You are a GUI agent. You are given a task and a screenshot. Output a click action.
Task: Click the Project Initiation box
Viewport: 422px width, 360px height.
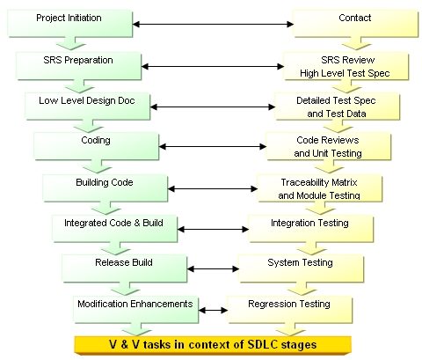pyautogui.click(x=70, y=24)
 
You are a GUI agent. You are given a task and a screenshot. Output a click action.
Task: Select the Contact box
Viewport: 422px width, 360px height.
pyautogui.click(x=356, y=24)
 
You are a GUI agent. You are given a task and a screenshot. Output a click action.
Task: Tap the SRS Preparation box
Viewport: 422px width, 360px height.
pyautogui.click(x=79, y=66)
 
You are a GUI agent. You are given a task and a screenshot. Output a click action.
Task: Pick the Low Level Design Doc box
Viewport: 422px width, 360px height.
pyautogui.click(x=88, y=107)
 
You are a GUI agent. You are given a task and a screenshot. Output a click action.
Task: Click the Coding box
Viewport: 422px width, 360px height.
pyautogui.click(x=97, y=146)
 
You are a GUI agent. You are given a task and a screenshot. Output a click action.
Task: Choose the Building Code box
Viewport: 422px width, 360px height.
pyautogui.click(x=105, y=188)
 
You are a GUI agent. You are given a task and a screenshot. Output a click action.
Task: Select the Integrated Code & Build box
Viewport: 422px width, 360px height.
pyautogui.click(x=114, y=229)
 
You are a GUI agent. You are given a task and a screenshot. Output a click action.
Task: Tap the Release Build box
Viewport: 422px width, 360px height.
pyautogui.click(x=125, y=268)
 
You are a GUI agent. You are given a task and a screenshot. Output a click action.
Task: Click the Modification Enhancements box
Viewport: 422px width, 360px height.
pyautogui.click(x=136, y=310)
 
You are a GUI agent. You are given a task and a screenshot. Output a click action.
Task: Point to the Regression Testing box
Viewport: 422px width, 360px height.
pyautogui.click(x=289, y=310)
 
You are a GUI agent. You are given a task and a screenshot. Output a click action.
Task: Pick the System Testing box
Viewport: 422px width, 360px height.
pyautogui.click(x=302, y=268)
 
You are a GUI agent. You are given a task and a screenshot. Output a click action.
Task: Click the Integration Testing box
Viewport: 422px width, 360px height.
pyautogui.click(x=310, y=229)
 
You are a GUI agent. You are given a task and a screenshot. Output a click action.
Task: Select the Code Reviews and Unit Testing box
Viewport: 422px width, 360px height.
pyautogui.click(x=329, y=146)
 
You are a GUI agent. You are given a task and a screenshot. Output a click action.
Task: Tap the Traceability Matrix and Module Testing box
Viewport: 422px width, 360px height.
pyautogui.click(x=320, y=188)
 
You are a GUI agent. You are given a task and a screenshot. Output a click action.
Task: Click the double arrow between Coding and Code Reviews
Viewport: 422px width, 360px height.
pyautogui.click(x=213, y=146)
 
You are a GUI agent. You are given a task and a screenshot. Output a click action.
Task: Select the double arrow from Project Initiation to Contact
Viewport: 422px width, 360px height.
pyautogui.click(x=213, y=24)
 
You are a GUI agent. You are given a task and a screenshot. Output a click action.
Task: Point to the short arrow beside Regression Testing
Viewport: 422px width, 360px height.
pyautogui.click(x=213, y=310)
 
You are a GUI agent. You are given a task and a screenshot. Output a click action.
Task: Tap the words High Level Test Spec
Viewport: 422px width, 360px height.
pyautogui.click(x=345, y=73)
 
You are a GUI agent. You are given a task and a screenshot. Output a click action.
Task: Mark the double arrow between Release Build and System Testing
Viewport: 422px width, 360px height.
pyautogui.click(x=213, y=268)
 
